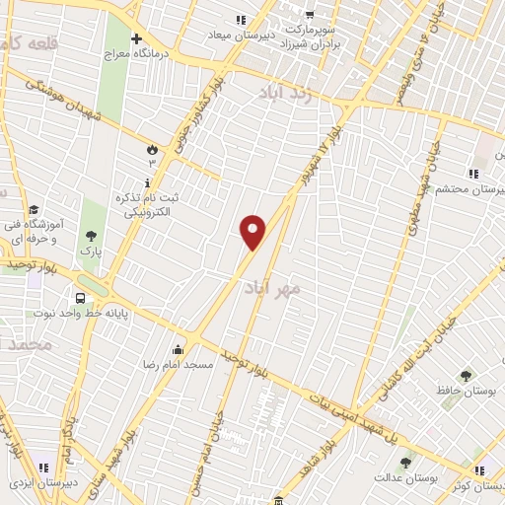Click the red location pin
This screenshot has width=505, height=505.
pos(253,232)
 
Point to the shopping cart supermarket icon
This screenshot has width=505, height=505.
pos(310,15)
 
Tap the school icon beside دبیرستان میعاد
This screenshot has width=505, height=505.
pos(241,20)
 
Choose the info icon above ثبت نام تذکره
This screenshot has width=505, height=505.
pos(147,183)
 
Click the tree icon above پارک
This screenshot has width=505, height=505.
pos(92,235)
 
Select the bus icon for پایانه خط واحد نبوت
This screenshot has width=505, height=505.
pos(80,298)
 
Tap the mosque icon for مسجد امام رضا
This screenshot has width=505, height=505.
pos(178,349)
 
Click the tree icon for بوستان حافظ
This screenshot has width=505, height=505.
pos(466,375)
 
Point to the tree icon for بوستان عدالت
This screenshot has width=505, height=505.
pos(404,462)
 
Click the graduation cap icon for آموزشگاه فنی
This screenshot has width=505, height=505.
pos(35,210)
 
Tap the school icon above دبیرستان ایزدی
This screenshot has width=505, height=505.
pos(41,468)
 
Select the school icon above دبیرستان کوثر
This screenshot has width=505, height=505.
pos(478,470)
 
